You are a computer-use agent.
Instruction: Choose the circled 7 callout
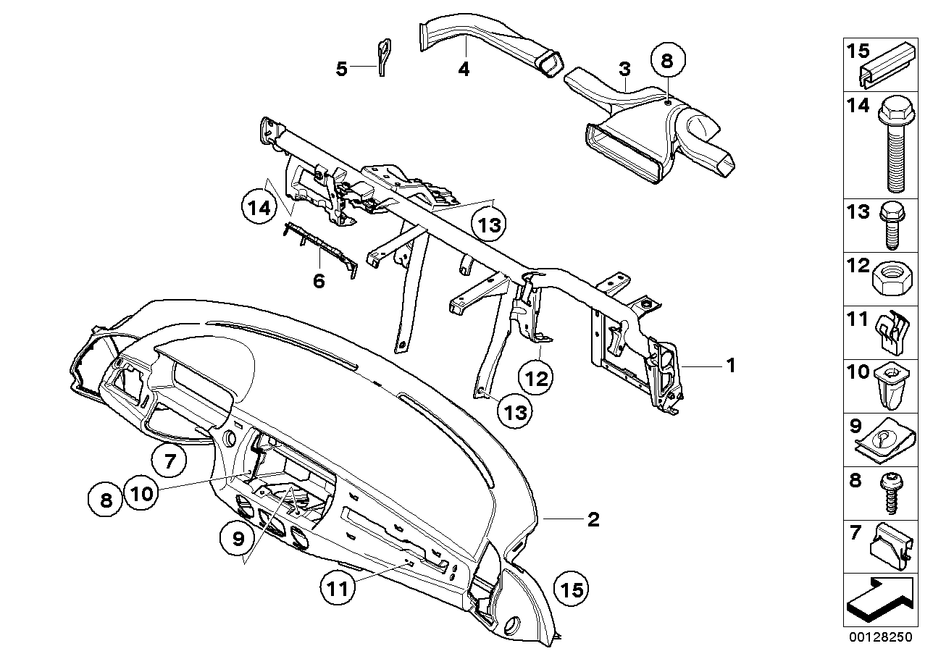pyautogui.click(x=170, y=461)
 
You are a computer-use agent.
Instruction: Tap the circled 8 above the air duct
pyautogui.click(x=667, y=61)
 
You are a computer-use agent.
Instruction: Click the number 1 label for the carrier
pyautogui.click(x=732, y=366)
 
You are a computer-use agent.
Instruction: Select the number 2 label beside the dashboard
pyautogui.click(x=593, y=519)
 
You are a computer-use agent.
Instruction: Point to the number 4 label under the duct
pyautogui.click(x=464, y=70)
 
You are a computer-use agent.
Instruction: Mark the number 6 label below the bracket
pyautogui.click(x=319, y=280)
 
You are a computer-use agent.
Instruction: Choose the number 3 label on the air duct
pyautogui.click(x=624, y=70)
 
